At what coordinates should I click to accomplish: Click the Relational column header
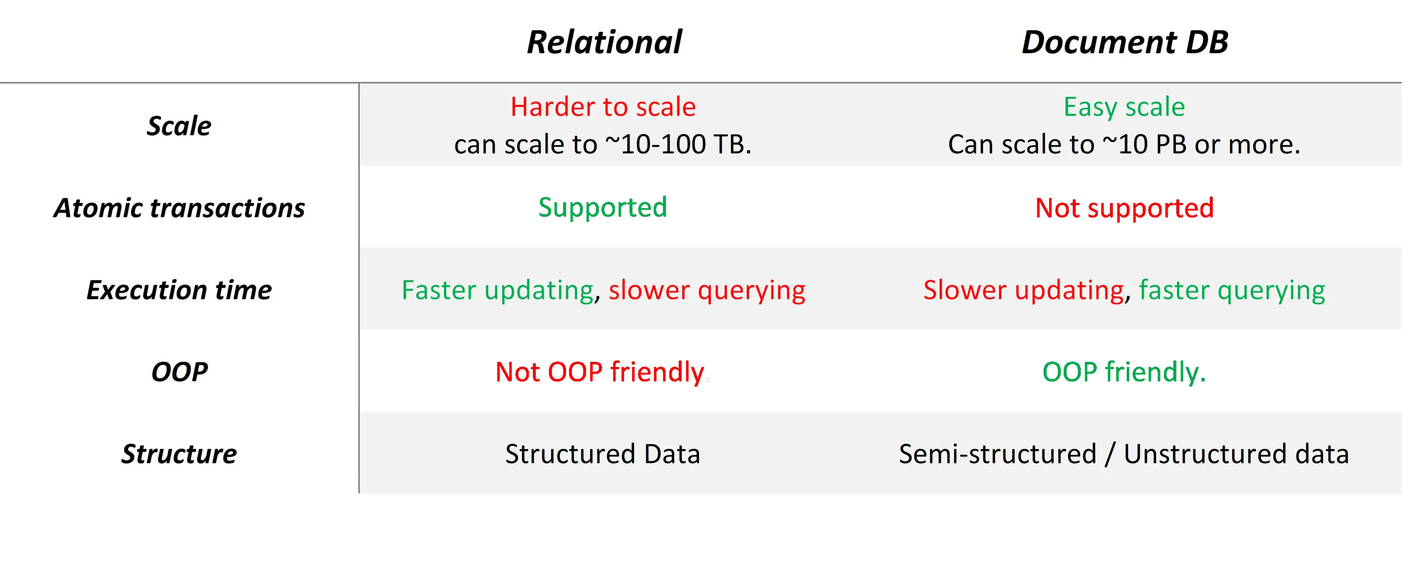(x=604, y=42)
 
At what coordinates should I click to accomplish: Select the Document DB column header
(x=1124, y=42)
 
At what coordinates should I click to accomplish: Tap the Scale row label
(x=179, y=126)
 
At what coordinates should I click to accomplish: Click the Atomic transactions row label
(x=179, y=208)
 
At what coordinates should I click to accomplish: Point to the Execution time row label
(x=179, y=289)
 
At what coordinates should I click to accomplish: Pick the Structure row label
(x=179, y=454)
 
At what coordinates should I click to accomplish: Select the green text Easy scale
(x=1124, y=108)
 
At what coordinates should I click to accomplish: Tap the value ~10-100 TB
(x=678, y=144)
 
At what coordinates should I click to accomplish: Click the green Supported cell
(x=603, y=208)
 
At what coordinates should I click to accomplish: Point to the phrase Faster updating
(x=498, y=290)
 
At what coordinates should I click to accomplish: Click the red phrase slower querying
(x=707, y=290)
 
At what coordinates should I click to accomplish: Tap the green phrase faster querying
(x=1232, y=290)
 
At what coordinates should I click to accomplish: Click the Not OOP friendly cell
(x=600, y=372)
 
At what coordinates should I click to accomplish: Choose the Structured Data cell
(x=603, y=454)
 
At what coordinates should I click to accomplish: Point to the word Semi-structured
(x=997, y=454)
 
